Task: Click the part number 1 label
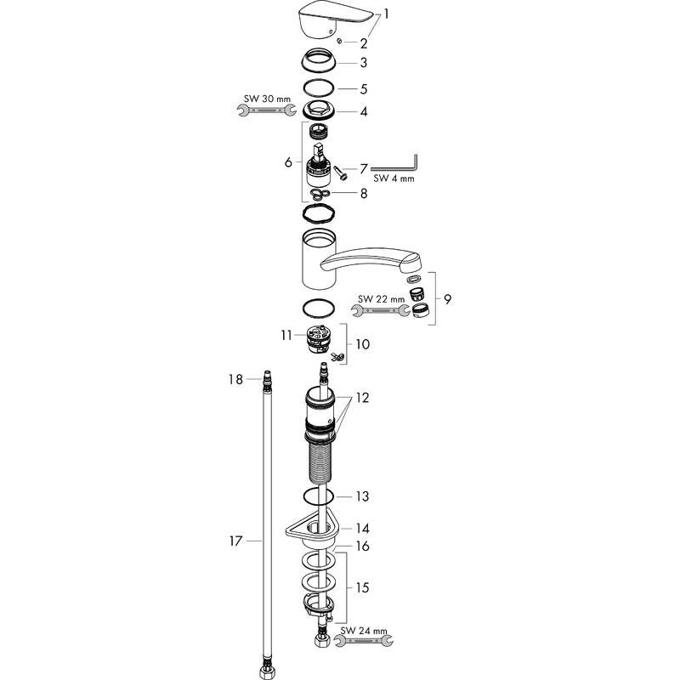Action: [387, 14]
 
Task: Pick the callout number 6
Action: [288, 161]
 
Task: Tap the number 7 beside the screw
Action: [364, 170]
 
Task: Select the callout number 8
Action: [364, 193]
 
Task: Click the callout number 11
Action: [287, 336]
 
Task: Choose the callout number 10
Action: [363, 345]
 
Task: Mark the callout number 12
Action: [364, 397]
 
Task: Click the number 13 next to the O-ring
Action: [364, 496]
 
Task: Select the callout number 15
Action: [364, 587]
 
